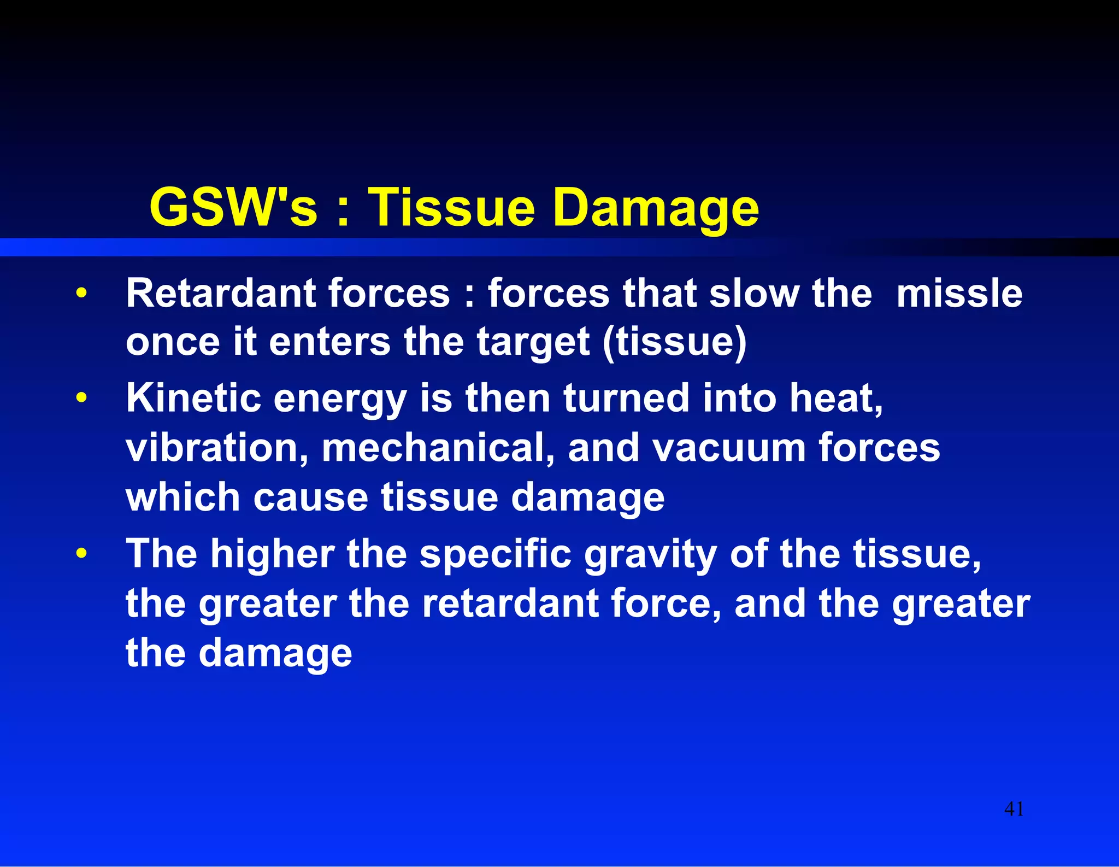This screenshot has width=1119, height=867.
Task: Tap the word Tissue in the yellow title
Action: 451,207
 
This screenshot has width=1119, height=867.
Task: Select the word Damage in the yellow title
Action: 656,207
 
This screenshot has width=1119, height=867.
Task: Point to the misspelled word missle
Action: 959,294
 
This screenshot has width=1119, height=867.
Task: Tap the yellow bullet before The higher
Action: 81,553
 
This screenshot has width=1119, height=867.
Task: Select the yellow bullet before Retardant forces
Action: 81,293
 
